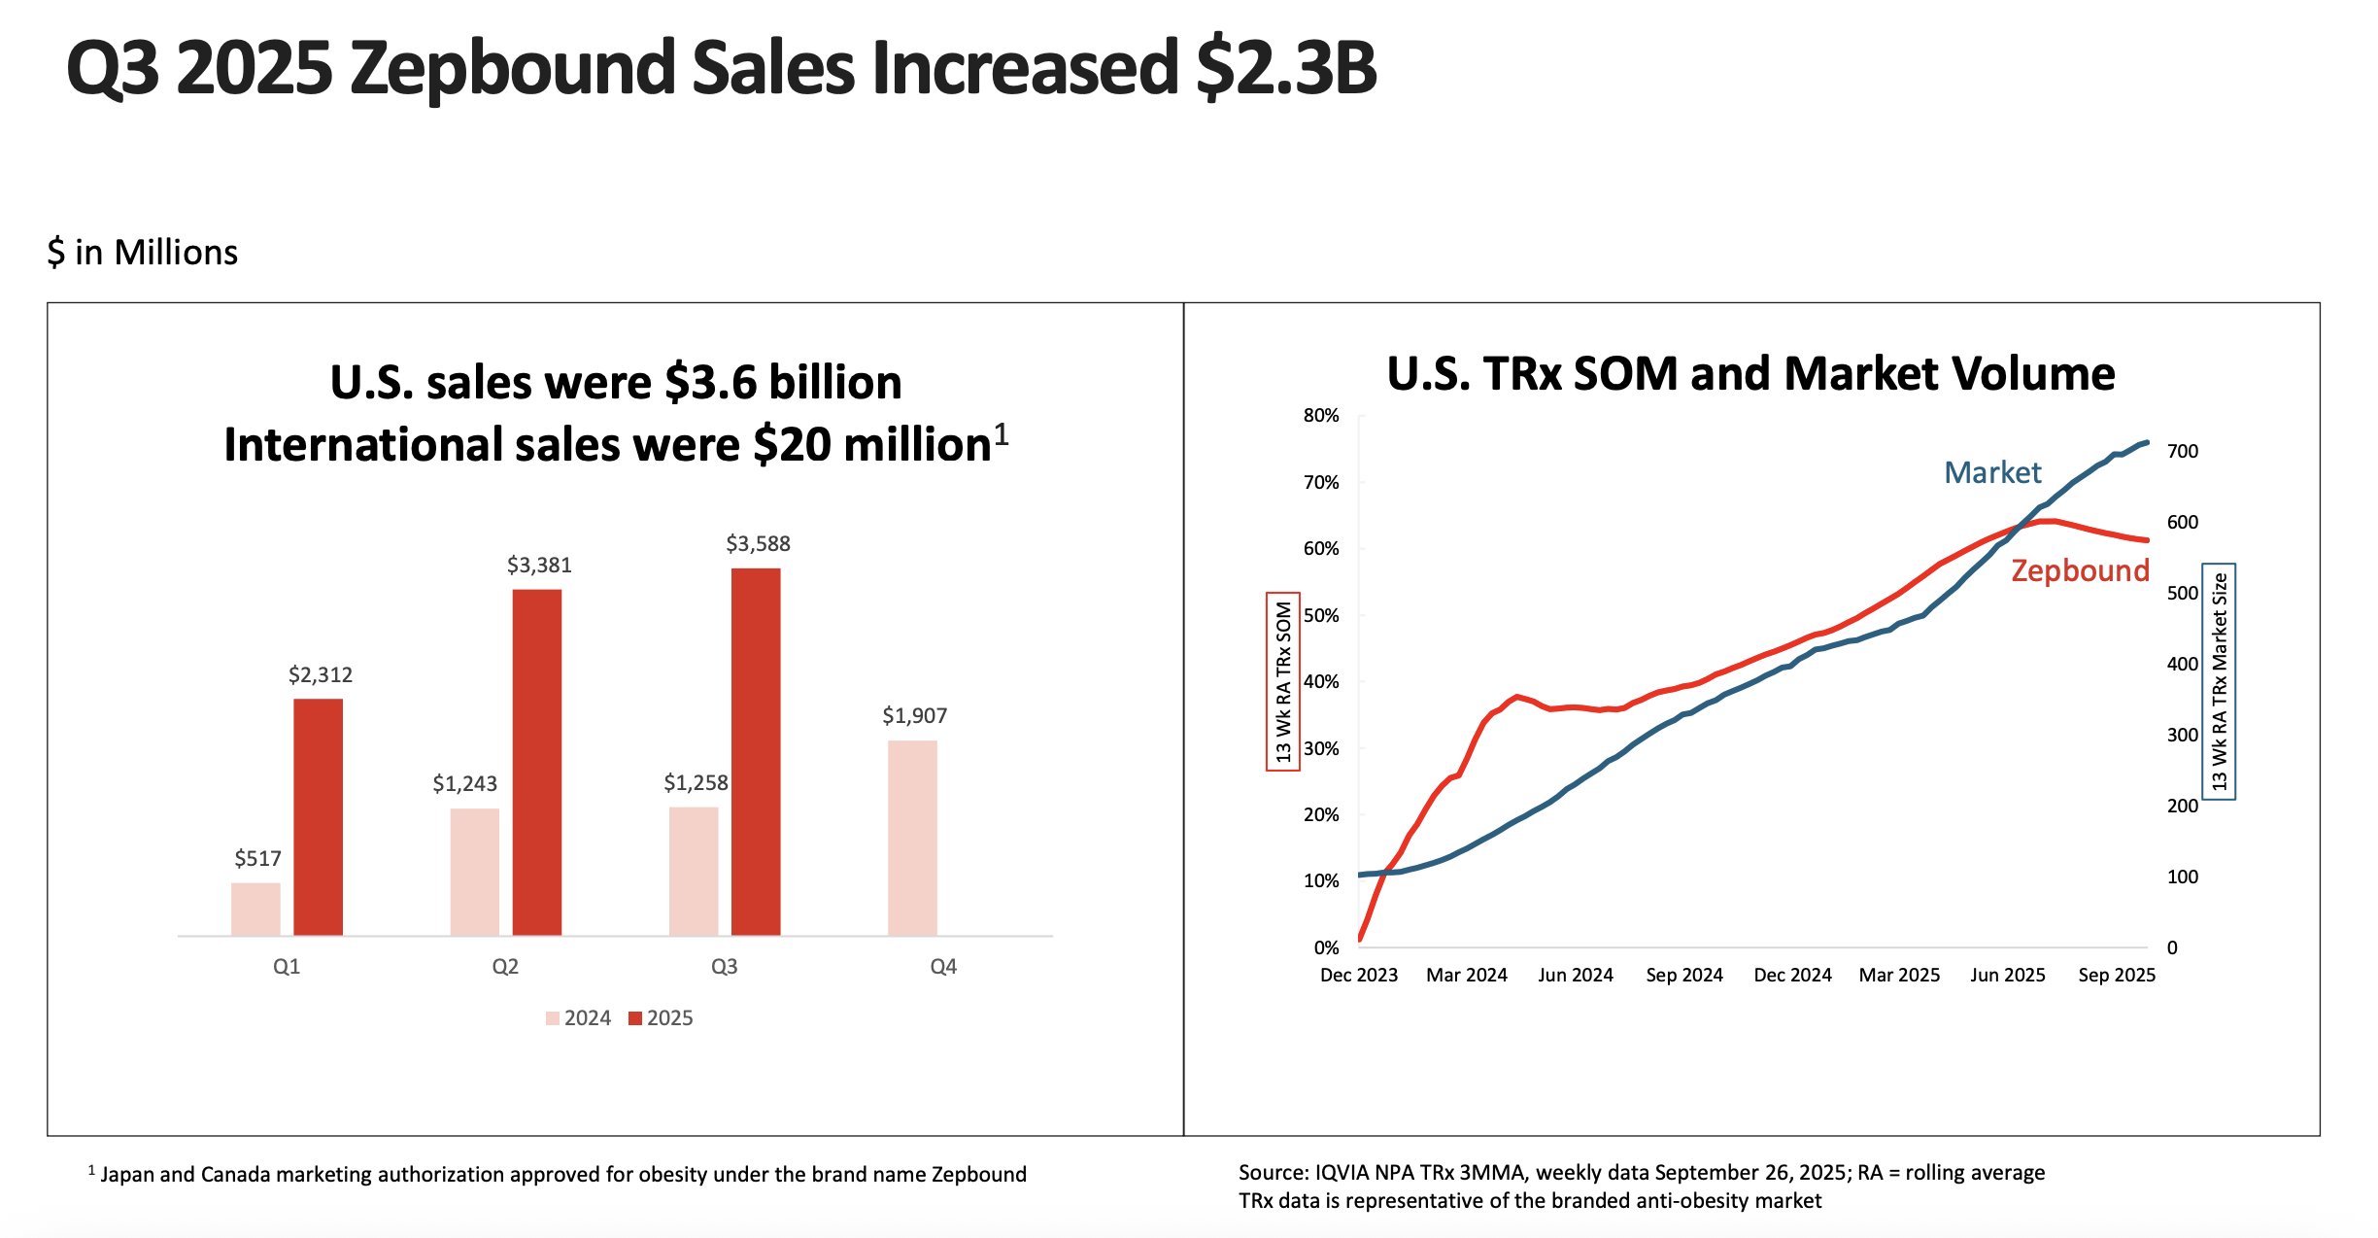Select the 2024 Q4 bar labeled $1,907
tap(912, 838)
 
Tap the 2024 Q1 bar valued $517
tap(255, 909)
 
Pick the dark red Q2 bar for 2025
tap(537, 762)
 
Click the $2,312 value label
tap(321, 675)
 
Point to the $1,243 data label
tap(464, 784)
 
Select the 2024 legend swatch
tap(553, 1018)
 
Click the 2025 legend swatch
tap(635, 1018)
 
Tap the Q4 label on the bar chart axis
tap(943, 967)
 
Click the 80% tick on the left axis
tap(1321, 416)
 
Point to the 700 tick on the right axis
tap(2183, 452)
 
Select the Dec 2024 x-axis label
tap(1792, 975)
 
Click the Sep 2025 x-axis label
tap(2117, 975)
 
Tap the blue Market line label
tap(1992, 473)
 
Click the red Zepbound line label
tap(2080, 570)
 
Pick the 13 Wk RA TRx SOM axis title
tap(1283, 681)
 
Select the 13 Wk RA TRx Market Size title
tap(2219, 681)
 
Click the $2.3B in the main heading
tap(1286, 68)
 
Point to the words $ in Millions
tap(143, 253)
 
